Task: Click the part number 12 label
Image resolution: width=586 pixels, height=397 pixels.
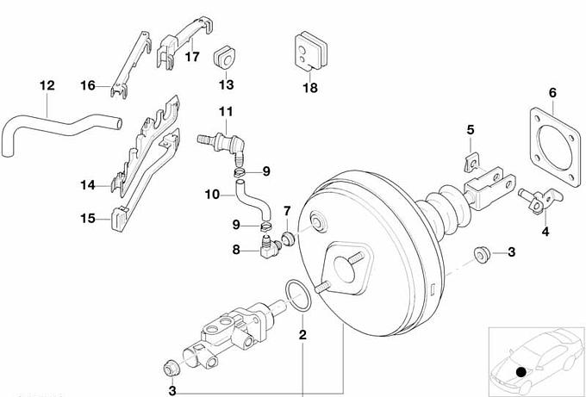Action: pyautogui.click(x=47, y=86)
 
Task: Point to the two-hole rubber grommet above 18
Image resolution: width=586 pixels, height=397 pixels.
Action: pyautogui.click(x=309, y=51)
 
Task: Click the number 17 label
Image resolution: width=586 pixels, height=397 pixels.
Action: pyautogui.click(x=191, y=57)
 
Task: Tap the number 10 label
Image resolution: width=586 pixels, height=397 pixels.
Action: pyautogui.click(x=212, y=195)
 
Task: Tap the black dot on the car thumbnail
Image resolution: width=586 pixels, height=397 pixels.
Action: pyautogui.click(x=521, y=371)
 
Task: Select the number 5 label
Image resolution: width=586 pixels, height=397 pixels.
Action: pyautogui.click(x=471, y=129)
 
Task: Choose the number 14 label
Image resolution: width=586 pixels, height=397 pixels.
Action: pyautogui.click(x=87, y=184)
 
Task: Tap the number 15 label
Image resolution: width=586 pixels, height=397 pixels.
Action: pyautogui.click(x=88, y=219)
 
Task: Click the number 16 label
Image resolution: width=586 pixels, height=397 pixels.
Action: pyautogui.click(x=87, y=84)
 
